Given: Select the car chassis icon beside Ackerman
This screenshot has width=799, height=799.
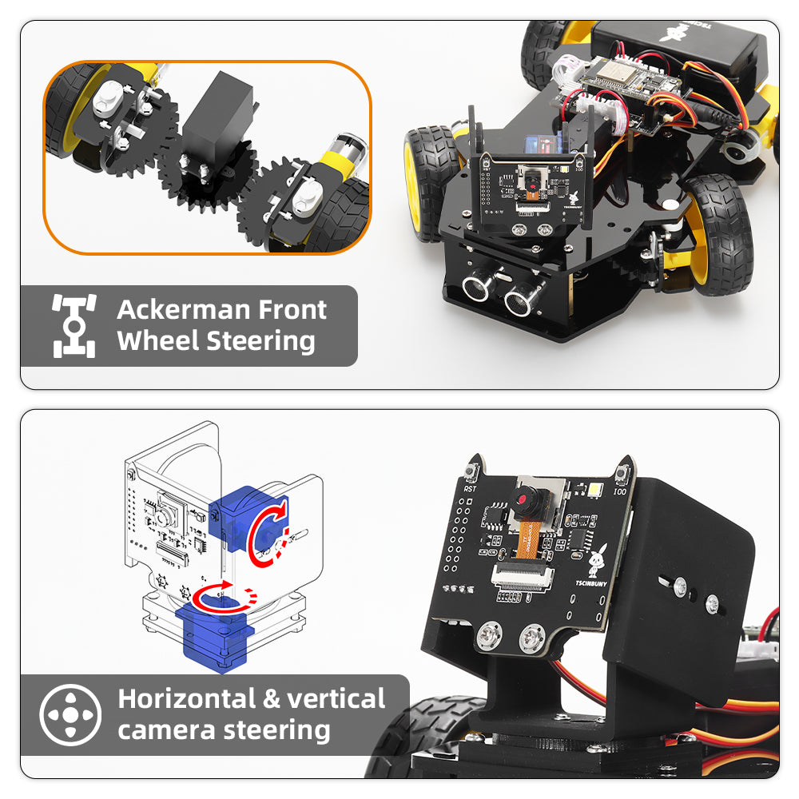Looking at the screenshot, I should (74, 325).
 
